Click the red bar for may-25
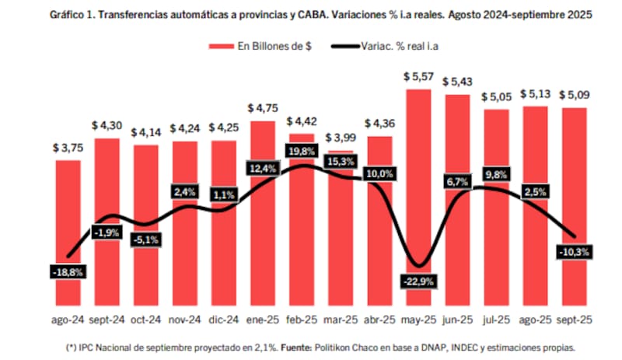pos(419,194)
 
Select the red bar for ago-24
pos(68,233)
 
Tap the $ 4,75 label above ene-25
pos(263,108)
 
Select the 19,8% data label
pos(302,151)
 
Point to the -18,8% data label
pos(68,272)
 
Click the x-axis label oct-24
pos(145,320)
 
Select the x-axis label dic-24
pos(224,320)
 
